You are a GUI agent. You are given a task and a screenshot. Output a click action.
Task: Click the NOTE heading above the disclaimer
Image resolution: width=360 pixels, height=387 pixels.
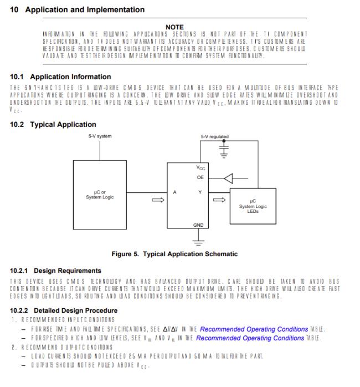tap(175, 27)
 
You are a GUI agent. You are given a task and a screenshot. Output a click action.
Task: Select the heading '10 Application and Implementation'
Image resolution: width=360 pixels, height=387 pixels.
tap(78, 9)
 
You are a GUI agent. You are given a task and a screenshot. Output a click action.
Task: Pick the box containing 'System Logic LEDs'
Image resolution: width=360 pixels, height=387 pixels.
tap(253, 206)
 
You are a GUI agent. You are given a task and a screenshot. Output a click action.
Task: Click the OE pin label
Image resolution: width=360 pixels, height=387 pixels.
tap(199, 177)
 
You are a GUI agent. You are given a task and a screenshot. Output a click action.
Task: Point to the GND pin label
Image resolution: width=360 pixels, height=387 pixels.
tap(199, 225)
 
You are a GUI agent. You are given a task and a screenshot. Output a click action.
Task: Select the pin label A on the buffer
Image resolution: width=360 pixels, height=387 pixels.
tap(174, 192)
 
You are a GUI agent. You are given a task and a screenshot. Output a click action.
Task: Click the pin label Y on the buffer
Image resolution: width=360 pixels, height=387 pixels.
tap(199, 192)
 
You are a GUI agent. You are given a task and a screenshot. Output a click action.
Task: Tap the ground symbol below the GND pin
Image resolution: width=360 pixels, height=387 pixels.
tap(199, 241)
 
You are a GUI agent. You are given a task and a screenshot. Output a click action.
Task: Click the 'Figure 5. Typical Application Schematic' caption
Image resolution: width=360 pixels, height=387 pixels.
tap(174, 254)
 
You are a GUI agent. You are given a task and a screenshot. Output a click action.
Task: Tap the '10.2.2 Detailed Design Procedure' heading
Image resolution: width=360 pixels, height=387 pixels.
tap(64, 310)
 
